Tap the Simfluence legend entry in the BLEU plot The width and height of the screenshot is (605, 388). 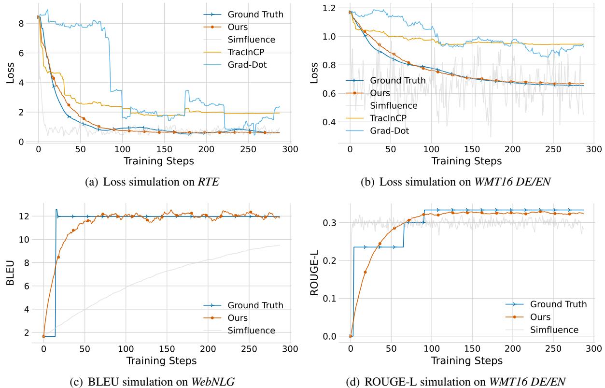click(x=251, y=331)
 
